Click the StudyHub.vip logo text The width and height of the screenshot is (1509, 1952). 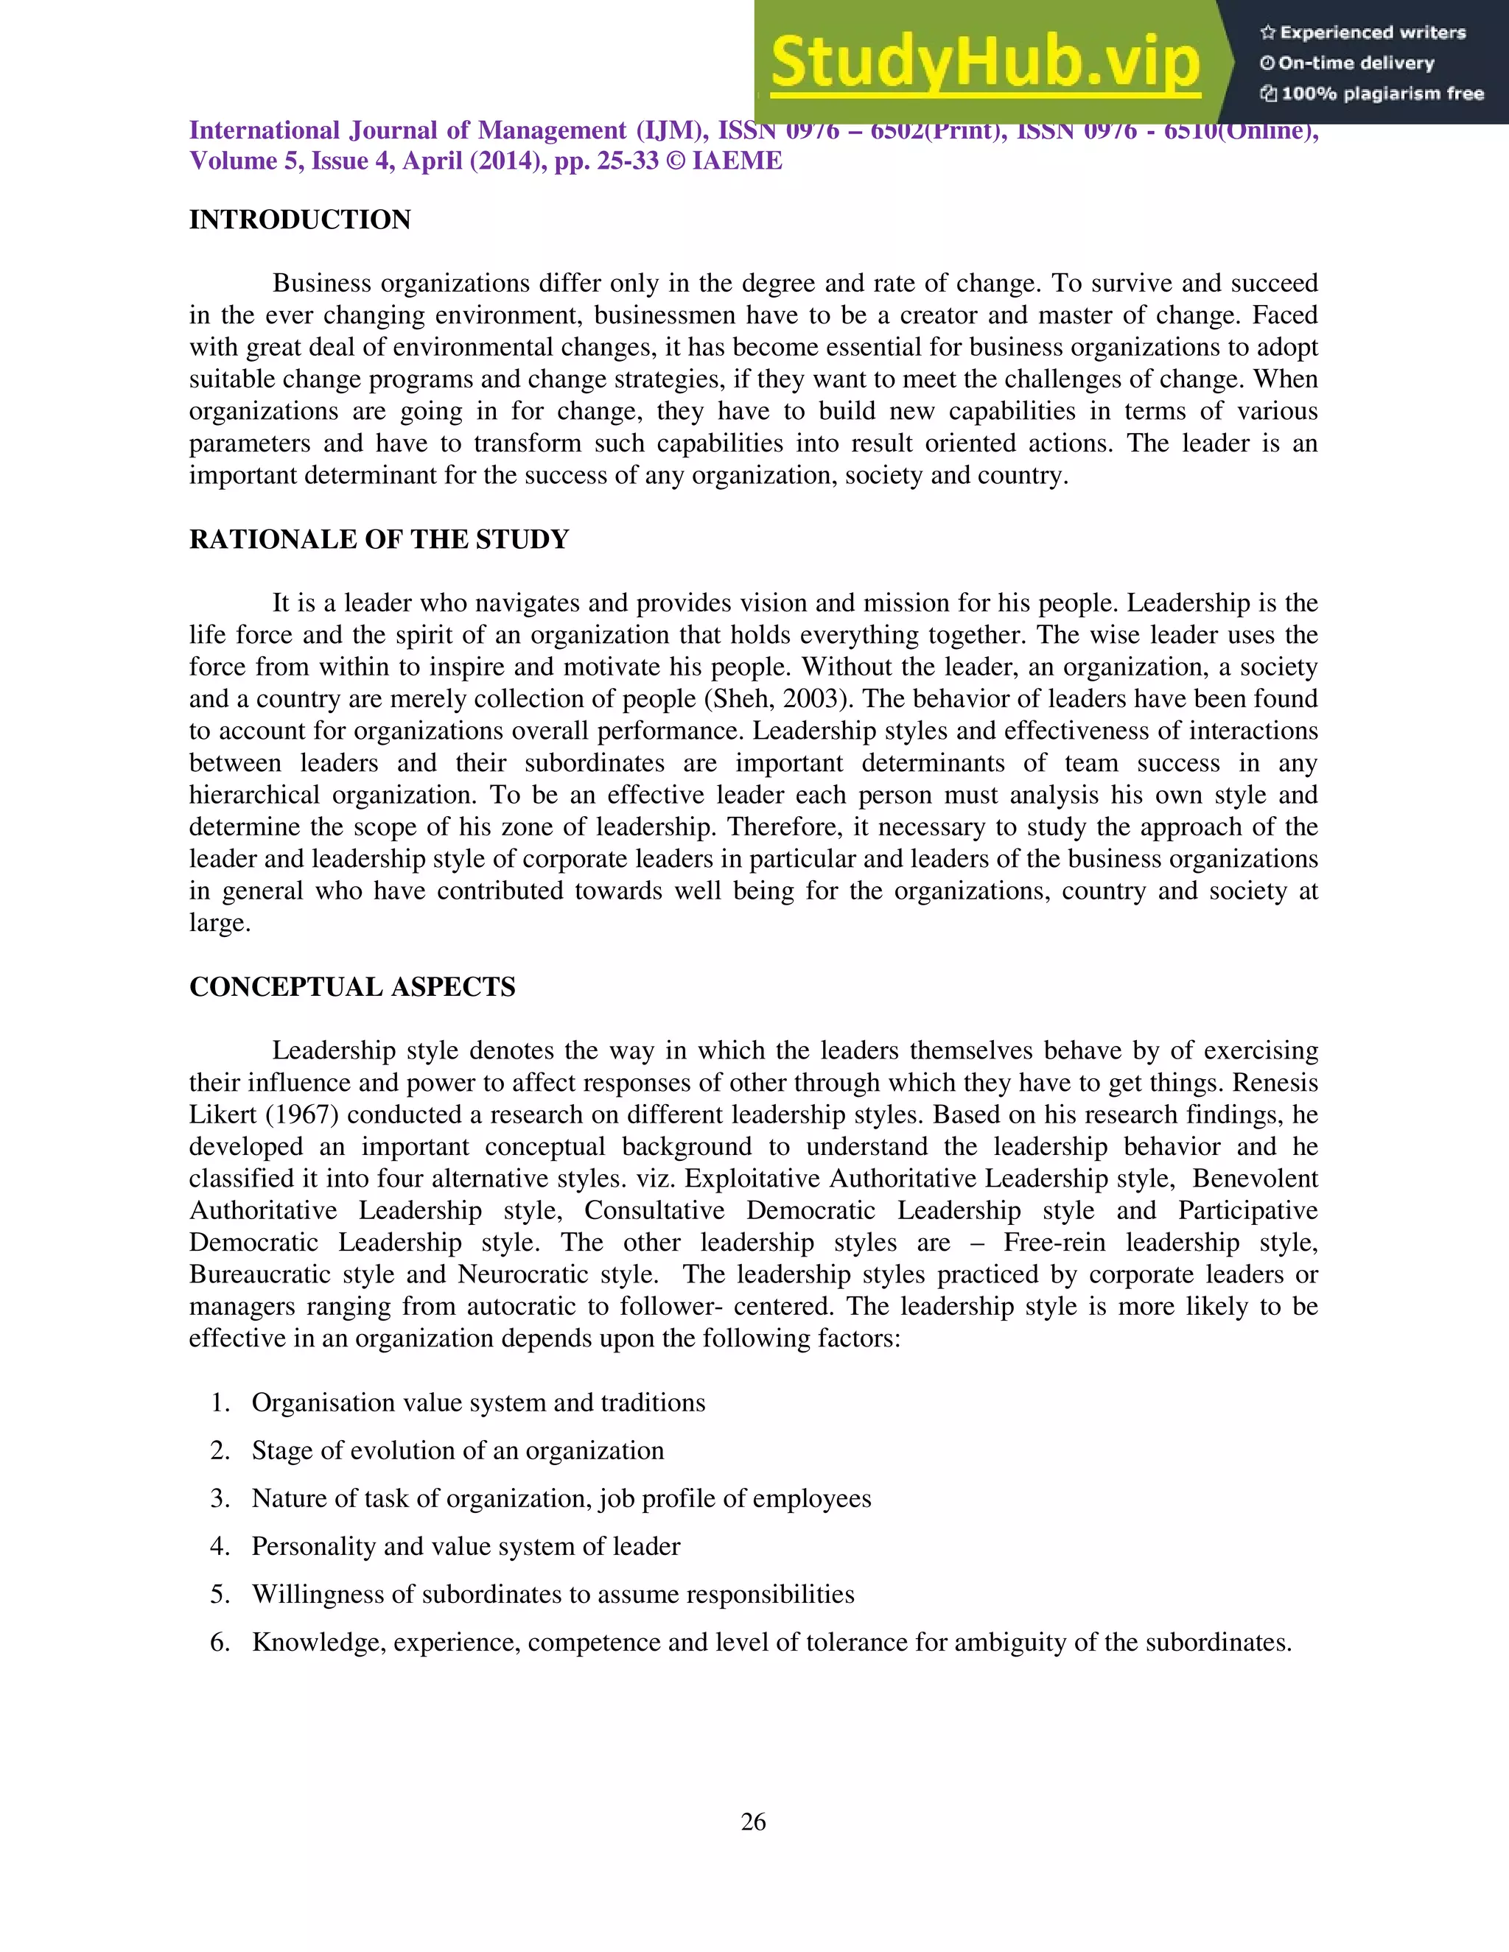coord(984,63)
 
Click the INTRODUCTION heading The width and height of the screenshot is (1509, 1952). coord(299,220)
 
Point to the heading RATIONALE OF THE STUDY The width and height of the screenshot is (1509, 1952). coord(378,540)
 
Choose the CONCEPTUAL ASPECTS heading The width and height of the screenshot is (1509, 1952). coord(352,987)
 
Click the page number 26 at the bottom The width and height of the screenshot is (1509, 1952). coord(754,1822)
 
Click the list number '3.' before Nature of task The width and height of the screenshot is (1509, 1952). coord(220,1499)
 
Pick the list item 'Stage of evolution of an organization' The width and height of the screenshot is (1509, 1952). coord(458,1450)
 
